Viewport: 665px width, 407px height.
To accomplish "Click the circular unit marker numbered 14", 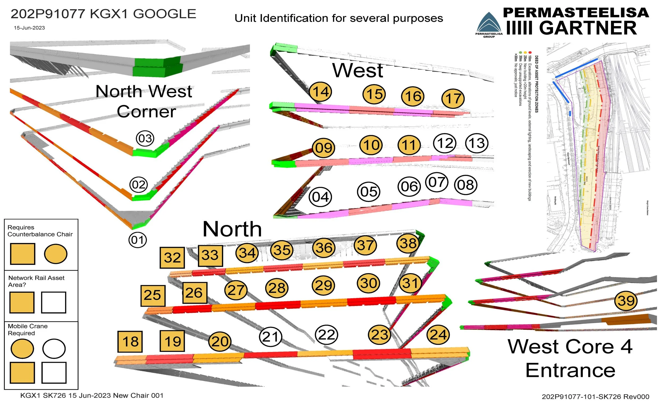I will (x=320, y=92).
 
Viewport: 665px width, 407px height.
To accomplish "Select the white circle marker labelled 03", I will (x=145, y=138).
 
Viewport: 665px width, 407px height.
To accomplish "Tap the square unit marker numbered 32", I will (x=172, y=257).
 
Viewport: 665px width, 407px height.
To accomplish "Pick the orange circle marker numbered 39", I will (x=626, y=301).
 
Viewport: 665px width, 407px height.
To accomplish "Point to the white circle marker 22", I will (x=327, y=335).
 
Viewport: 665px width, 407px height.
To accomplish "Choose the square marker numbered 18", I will (x=130, y=342).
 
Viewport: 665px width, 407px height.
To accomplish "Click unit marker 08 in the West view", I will (x=465, y=185).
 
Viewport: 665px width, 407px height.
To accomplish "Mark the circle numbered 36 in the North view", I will (x=324, y=248).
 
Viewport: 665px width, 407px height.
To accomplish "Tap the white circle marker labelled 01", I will (x=138, y=240).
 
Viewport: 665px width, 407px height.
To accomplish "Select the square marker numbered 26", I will (x=195, y=293).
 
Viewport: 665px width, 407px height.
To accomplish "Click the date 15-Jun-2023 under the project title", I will (x=30, y=28).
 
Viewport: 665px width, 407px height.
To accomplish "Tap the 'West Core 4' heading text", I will (x=570, y=347).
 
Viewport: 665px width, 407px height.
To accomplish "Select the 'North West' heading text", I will (x=144, y=91).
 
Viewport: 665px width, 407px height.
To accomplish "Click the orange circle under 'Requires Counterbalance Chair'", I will (x=56, y=254).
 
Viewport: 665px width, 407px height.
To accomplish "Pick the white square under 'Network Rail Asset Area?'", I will (x=53, y=302).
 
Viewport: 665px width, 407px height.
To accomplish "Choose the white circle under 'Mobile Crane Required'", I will (x=54, y=348).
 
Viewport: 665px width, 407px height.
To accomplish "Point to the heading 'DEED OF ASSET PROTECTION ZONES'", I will (x=537, y=84).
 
